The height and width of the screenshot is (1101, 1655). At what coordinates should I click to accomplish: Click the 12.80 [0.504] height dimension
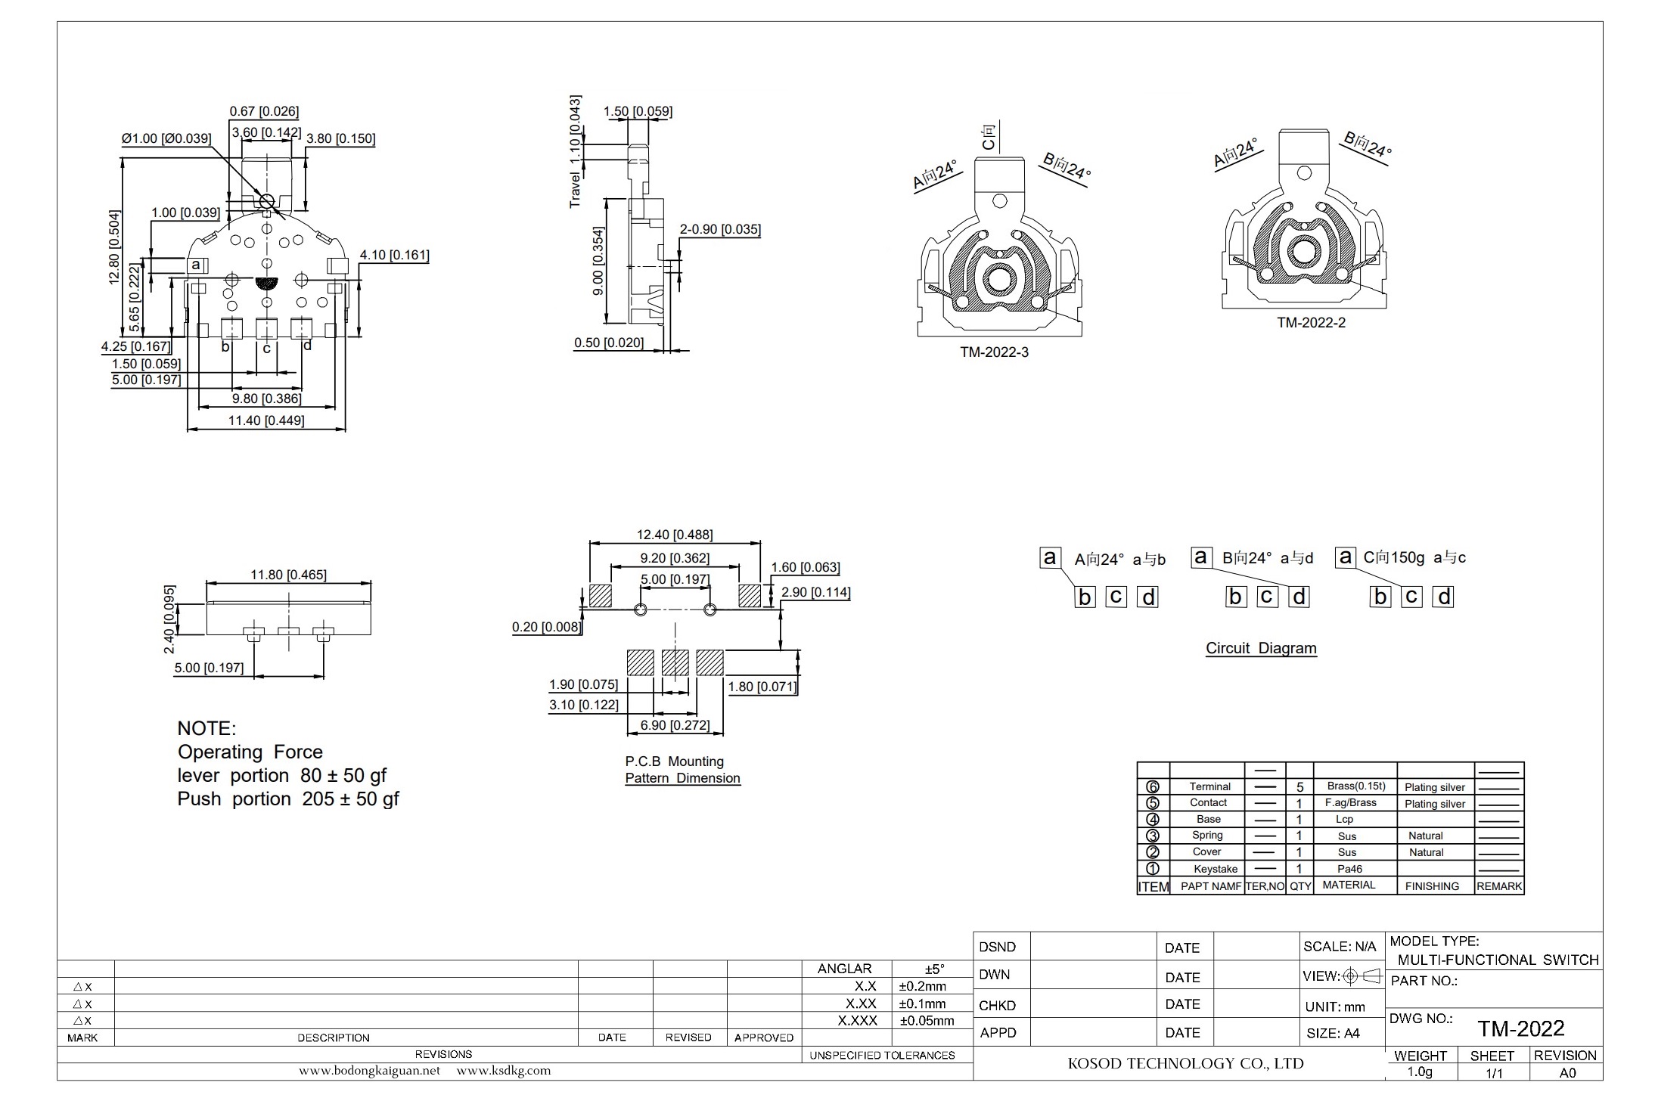pyautogui.click(x=114, y=247)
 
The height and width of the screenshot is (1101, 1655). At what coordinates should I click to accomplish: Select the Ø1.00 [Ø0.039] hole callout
pyautogui.click(x=166, y=138)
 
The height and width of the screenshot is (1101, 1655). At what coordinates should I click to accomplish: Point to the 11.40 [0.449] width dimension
pyautogui.click(x=266, y=420)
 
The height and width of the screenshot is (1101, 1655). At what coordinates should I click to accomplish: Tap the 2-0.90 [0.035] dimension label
pyautogui.click(x=720, y=229)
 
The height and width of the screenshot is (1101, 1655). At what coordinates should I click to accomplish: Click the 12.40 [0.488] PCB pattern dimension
pyautogui.click(x=675, y=535)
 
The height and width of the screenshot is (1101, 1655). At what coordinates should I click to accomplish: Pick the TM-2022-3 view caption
pyautogui.click(x=995, y=352)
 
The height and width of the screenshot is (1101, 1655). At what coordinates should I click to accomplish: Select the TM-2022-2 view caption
pyautogui.click(x=1312, y=323)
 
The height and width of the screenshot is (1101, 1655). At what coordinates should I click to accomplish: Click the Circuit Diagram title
pyautogui.click(x=1261, y=648)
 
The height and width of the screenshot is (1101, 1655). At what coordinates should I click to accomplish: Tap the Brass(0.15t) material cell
pyautogui.click(x=1356, y=786)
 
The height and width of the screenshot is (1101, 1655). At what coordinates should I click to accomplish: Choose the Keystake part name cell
pyautogui.click(x=1216, y=869)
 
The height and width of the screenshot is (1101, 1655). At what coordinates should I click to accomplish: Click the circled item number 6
pyautogui.click(x=1153, y=787)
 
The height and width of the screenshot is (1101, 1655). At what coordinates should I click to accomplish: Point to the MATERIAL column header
pyautogui.click(x=1349, y=885)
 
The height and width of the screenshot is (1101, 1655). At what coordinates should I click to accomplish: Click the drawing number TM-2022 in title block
pyautogui.click(x=1521, y=1028)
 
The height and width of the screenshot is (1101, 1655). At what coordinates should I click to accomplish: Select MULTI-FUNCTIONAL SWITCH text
pyautogui.click(x=1498, y=960)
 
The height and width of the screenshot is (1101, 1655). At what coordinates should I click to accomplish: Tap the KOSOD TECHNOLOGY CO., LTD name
pyautogui.click(x=1185, y=1064)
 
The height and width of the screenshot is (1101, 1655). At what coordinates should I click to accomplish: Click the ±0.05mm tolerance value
pyautogui.click(x=927, y=1021)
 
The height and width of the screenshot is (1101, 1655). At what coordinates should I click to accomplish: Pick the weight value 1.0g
pyautogui.click(x=1420, y=1072)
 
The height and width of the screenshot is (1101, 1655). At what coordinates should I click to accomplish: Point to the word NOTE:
pyautogui.click(x=206, y=728)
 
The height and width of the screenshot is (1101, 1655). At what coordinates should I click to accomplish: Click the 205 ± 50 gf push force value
pyautogui.click(x=350, y=799)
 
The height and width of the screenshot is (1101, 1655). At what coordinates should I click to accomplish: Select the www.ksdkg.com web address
pyautogui.click(x=504, y=1071)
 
